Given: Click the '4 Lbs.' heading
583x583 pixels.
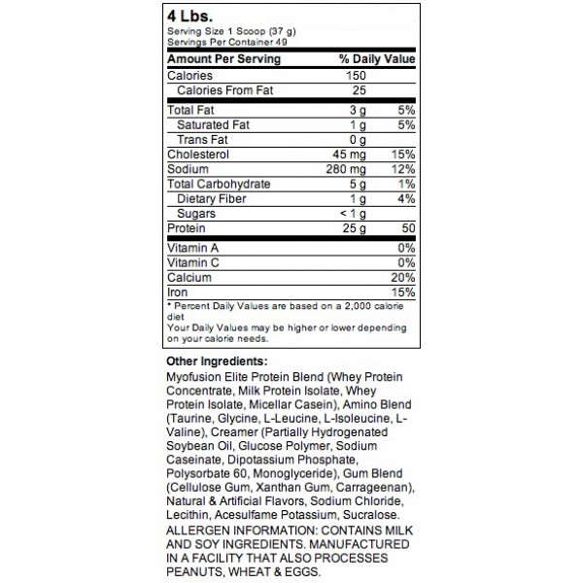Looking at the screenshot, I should (191, 17).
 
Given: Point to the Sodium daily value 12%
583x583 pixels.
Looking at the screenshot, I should (403, 168).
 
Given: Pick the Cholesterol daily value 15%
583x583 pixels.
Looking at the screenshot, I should (403, 153).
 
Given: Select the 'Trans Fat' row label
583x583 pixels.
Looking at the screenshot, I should (203, 138).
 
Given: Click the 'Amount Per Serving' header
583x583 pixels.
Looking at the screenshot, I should (223, 58).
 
